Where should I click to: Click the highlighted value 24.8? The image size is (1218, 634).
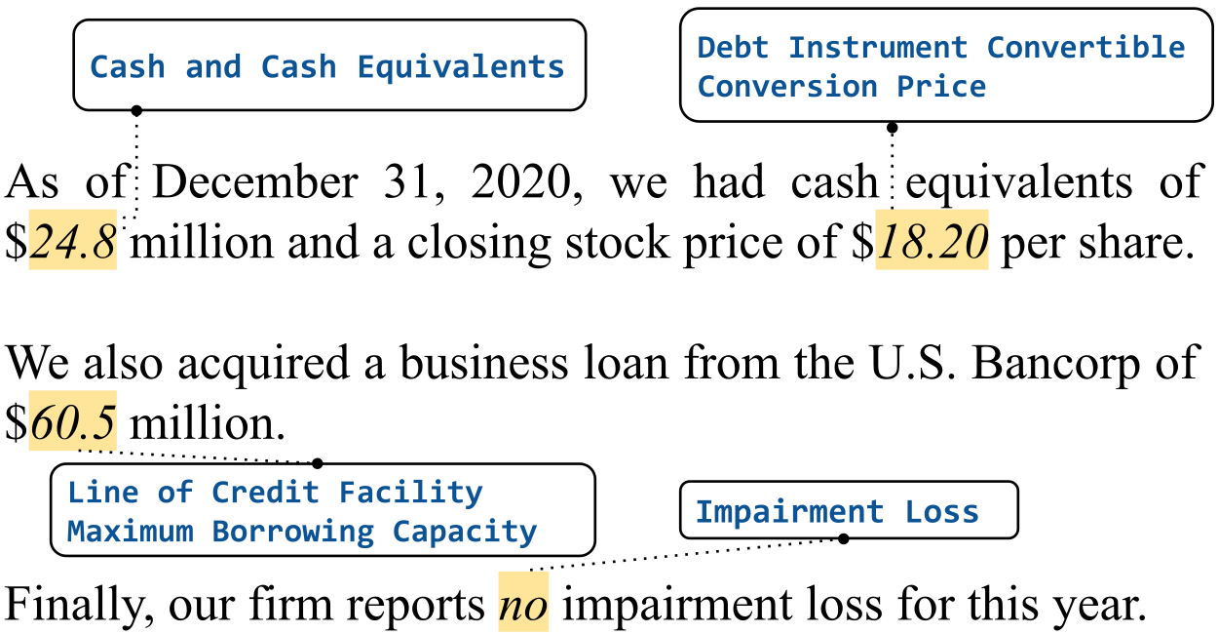[x=72, y=240]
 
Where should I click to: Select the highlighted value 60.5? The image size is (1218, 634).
[x=72, y=421]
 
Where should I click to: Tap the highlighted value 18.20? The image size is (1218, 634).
[x=932, y=240]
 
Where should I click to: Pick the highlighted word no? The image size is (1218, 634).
[x=523, y=602]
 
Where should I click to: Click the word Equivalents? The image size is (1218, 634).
[x=460, y=66]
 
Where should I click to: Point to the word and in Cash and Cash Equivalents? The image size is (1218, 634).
[x=212, y=66]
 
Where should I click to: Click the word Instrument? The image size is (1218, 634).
[x=877, y=47]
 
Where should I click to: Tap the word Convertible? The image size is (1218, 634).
[x=1085, y=47]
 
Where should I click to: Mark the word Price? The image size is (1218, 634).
[x=941, y=86]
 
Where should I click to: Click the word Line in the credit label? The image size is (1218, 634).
[x=103, y=492]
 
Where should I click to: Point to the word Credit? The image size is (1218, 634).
[x=265, y=492]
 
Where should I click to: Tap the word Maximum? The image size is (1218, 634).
[x=130, y=532]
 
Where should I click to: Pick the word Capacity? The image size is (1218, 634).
[x=465, y=532]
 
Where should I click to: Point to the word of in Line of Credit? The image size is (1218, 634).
[x=174, y=492]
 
